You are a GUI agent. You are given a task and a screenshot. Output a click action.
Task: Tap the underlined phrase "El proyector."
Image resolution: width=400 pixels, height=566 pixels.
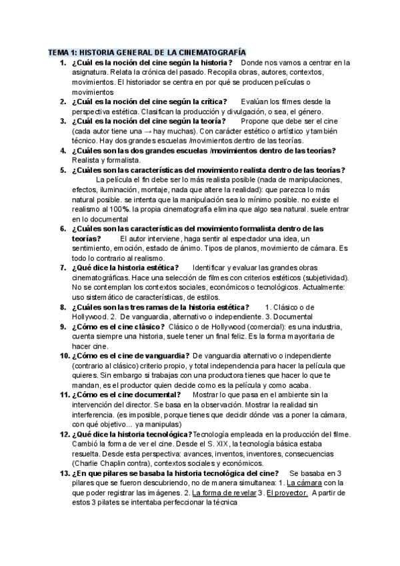coord(287,493)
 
